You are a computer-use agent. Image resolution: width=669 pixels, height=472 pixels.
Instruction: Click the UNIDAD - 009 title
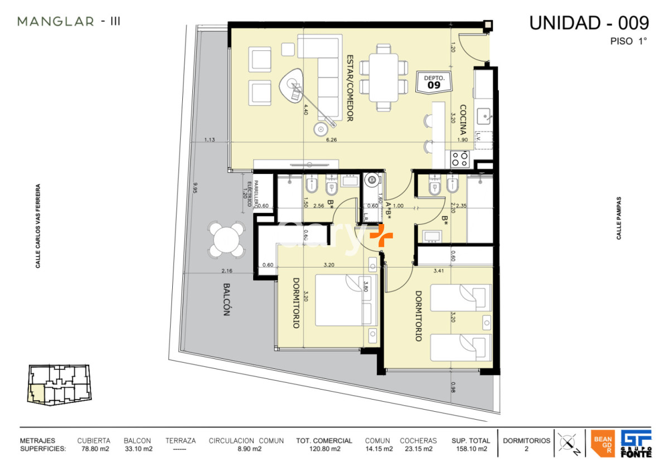click(589, 23)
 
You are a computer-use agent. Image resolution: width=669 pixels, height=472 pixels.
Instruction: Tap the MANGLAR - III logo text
click(69, 22)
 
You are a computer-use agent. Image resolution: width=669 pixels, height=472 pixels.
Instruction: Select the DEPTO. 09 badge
click(433, 82)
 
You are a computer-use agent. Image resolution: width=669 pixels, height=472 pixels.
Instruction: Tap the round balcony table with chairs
click(226, 240)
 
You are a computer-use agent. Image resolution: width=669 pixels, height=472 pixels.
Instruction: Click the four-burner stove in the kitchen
click(460, 159)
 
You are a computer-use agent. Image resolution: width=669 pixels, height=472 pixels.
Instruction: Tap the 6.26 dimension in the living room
click(332, 140)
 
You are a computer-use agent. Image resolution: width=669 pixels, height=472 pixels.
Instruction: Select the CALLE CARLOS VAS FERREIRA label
click(38, 226)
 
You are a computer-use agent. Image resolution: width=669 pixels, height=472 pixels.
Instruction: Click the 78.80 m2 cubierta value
click(94, 449)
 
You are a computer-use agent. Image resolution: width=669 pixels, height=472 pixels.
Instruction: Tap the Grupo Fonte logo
click(636, 444)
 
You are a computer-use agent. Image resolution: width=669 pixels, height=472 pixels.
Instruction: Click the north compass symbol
click(568, 444)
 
